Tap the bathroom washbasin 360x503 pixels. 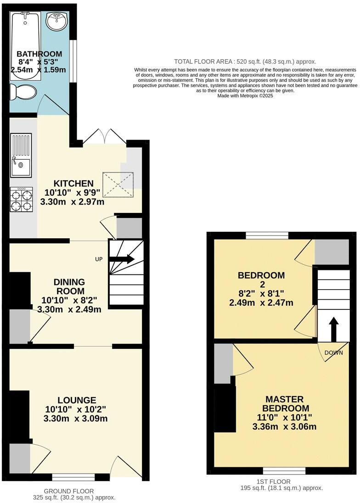[57, 21]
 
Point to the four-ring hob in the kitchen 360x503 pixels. [22, 200]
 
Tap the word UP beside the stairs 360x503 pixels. [99, 259]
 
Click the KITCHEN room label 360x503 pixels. [73, 184]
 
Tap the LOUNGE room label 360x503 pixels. [77, 400]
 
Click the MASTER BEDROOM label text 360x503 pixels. [285, 404]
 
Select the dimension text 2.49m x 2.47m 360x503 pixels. [261, 302]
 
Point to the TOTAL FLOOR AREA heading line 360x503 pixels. [245, 61]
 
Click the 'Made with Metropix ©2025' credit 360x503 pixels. [245, 96]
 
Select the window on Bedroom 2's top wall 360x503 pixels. [267, 235]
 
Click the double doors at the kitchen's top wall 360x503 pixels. [105, 138]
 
